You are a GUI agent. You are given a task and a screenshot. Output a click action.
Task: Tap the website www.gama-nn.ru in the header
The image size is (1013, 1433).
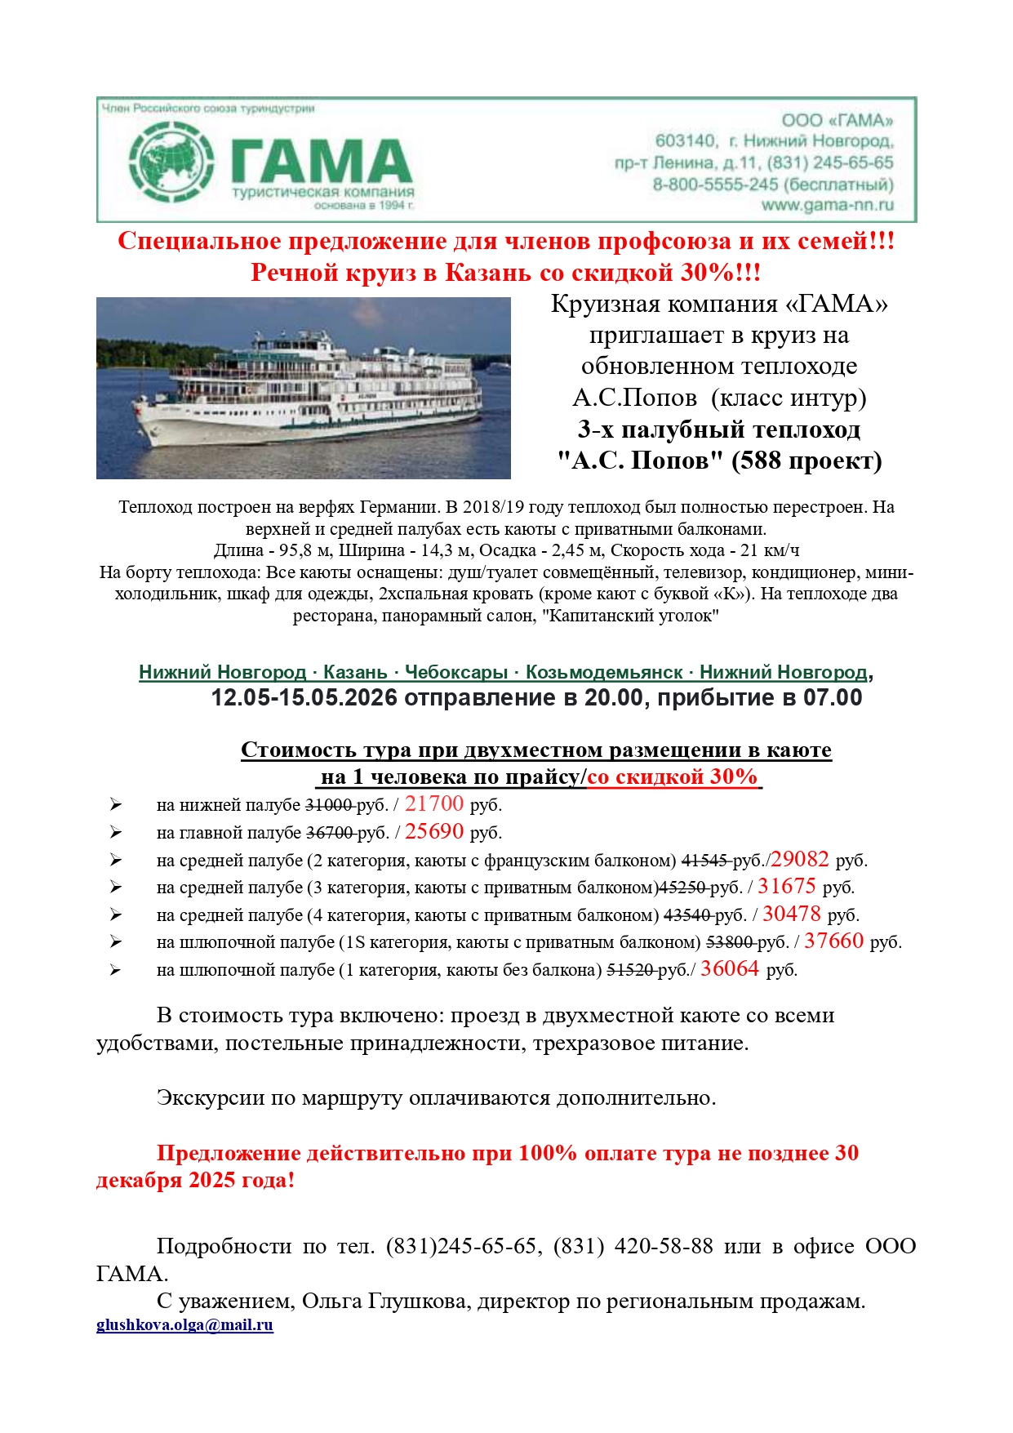[827, 205]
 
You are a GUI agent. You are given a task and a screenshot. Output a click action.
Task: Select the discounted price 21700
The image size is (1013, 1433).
[434, 804]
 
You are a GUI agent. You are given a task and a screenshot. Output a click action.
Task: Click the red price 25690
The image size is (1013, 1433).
[434, 832]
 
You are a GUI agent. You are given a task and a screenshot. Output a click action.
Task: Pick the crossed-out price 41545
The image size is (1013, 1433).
[704, 861]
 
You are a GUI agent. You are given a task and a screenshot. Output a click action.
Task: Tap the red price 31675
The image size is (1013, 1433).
[787, 887]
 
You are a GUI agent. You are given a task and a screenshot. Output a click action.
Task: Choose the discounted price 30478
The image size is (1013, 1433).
[792, 915]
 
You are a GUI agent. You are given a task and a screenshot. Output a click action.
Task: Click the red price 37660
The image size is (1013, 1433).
[833, 941]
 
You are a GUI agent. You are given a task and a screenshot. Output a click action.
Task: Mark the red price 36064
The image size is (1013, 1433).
[730, 969]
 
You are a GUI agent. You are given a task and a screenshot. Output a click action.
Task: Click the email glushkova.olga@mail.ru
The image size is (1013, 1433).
[184, 1325]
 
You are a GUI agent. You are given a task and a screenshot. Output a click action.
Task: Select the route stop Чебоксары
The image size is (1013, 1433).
[456, 672]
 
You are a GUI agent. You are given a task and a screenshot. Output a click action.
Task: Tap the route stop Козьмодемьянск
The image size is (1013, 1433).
[604, 672]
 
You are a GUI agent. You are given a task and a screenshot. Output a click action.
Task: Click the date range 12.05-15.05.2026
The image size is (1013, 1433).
[304, 698]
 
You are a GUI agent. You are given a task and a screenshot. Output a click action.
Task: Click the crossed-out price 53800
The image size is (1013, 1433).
[729, 942]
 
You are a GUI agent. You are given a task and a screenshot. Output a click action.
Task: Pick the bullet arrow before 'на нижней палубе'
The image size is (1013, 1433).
[116, 805]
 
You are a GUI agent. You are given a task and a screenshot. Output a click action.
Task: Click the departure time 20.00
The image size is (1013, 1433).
[613, 698]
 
